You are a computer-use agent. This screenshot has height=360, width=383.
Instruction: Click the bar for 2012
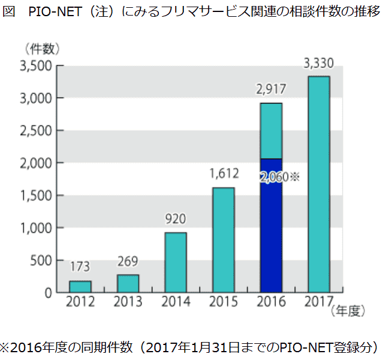pos(80,286)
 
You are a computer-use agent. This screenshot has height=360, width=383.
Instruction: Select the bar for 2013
pos(128,283)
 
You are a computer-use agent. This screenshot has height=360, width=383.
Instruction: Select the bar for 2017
pos(318,184)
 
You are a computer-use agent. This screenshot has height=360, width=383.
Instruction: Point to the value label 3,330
pos(319,61)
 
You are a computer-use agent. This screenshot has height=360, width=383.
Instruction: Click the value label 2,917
pos(271,90)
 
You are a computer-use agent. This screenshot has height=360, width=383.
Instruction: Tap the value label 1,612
pos(224,174)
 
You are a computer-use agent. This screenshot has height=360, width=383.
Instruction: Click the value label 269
pos(128,261)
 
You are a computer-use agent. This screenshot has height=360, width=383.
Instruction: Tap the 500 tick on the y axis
pos(42,261)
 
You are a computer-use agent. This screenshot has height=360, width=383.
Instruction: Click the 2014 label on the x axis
pos(175,301)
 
